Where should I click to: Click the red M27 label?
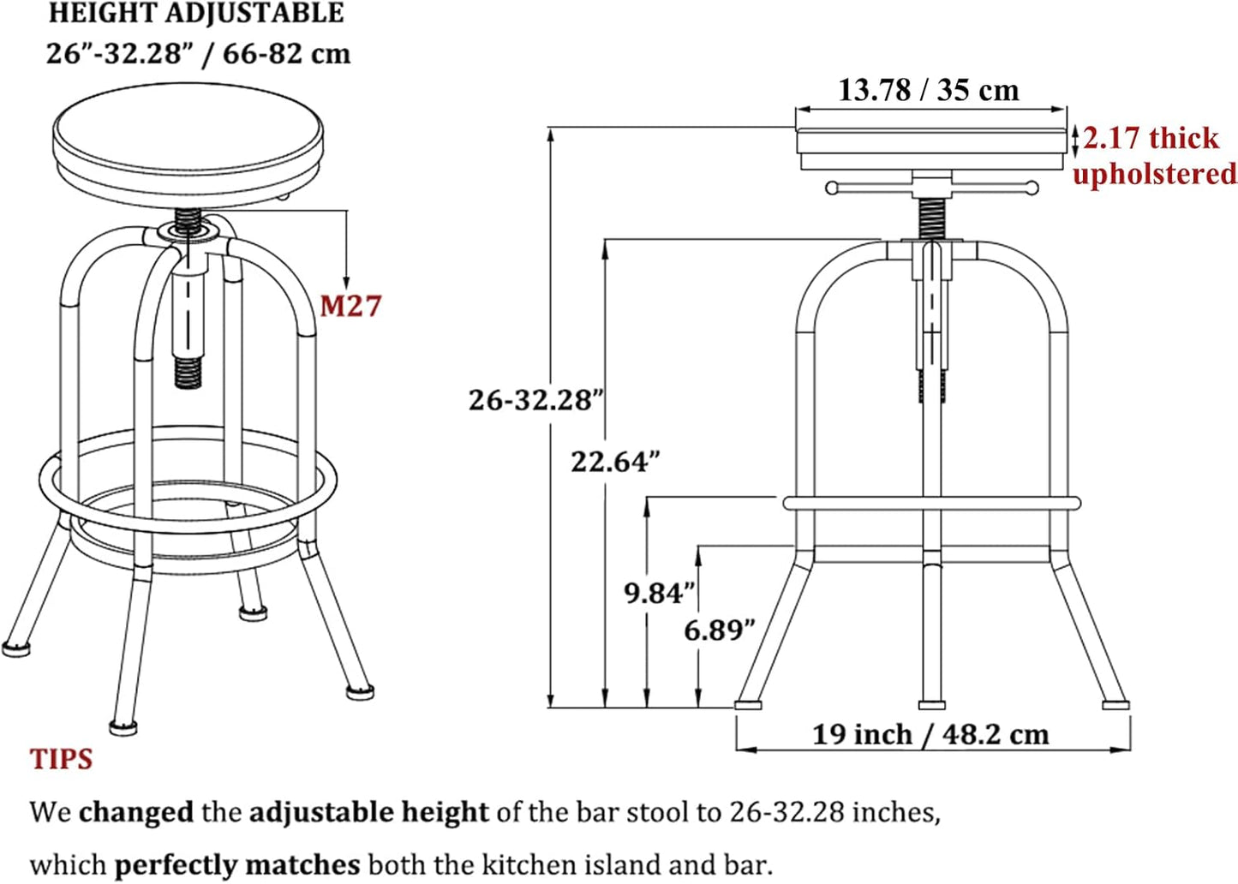pyautogui.click(x=350, y=306)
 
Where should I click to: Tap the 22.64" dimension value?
pyautogui.click(x=615, y=462)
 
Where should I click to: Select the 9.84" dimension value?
pyautogui.click(x=658, y=593)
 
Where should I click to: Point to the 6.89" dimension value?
pyautogui.click(x=719, y=630)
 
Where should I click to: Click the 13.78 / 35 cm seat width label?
pyautogui.click(x=928, y=90)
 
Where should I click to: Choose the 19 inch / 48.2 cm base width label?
pyautogui.click(x=930, y=734)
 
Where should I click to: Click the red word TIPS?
pyautogui.click(x=61, y=759)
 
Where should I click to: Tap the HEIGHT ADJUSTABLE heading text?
pyautogui.click(x=196, y=14)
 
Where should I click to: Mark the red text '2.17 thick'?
pyautogui.click(x=1150, y=138)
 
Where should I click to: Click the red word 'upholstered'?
pyautogui.click(x=1154, y=174)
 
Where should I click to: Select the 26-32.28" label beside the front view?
pyautogui.click(x=535, y=400)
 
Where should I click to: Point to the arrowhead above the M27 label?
pyautogui.click(x=346, y=284)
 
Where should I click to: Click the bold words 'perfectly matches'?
pyautogui.click(x=236, y=865)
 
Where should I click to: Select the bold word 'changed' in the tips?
pyautogui.click(x=135, y=812)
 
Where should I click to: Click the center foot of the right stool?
pyautogui.click(x=931, y=704)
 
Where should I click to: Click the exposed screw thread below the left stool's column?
pyautogui.click(x=188, y=373)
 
